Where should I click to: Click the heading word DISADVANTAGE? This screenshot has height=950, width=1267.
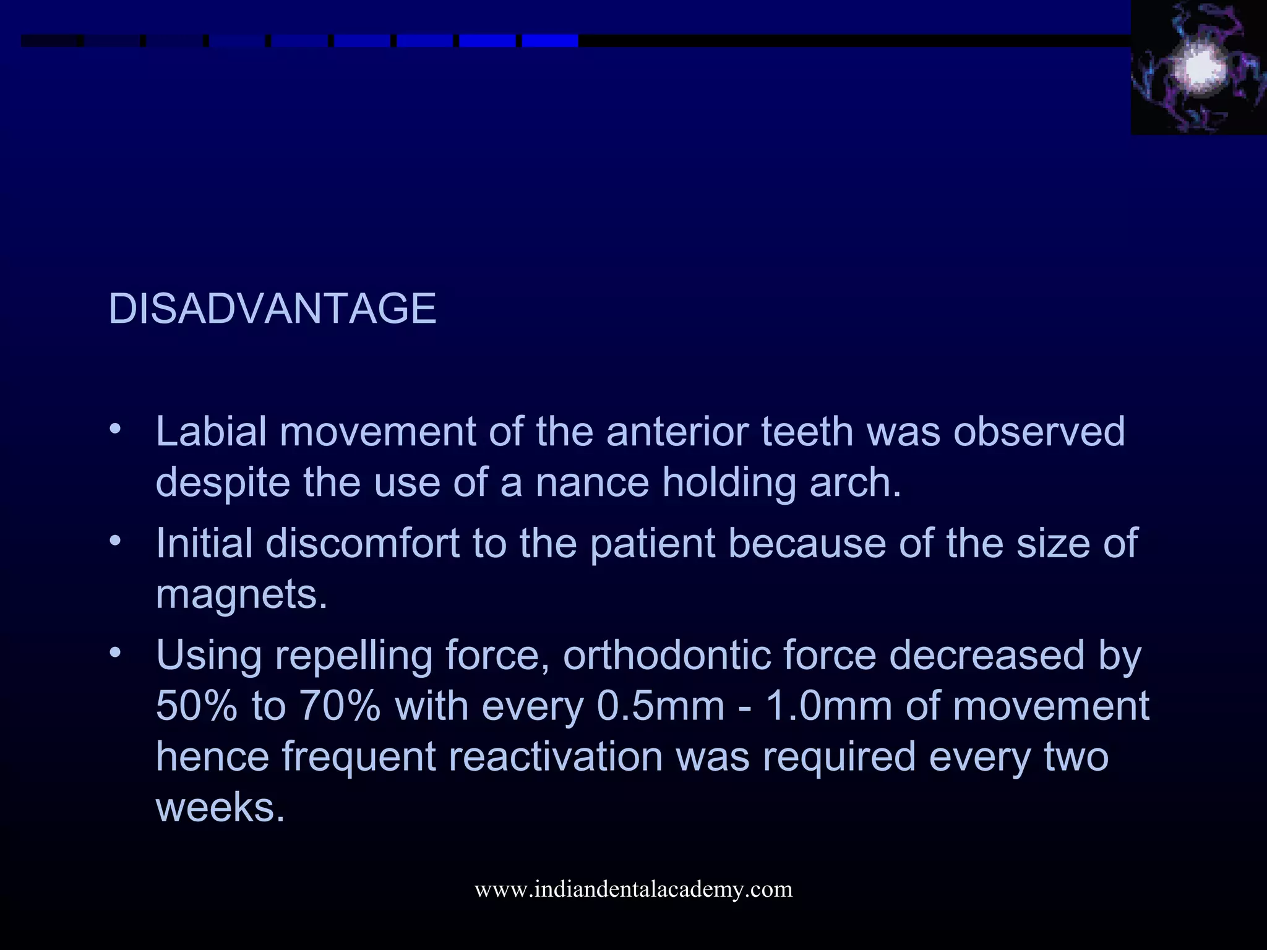click(272, 308)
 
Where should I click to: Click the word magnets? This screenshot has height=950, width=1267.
click(241, 594)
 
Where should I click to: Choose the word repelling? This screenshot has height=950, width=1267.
click(353, 656)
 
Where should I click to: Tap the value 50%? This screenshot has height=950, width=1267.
click(196, 706)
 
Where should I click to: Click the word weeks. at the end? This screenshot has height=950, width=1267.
click(220, 807)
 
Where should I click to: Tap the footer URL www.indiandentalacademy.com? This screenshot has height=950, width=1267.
click(633, 889)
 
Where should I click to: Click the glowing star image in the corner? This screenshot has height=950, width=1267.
click(1198, 67)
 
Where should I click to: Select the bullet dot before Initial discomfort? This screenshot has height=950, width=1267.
click(114, 541)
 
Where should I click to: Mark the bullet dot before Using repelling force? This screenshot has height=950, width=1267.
click(114, 653)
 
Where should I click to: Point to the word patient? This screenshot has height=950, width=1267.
click(652, 544)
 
